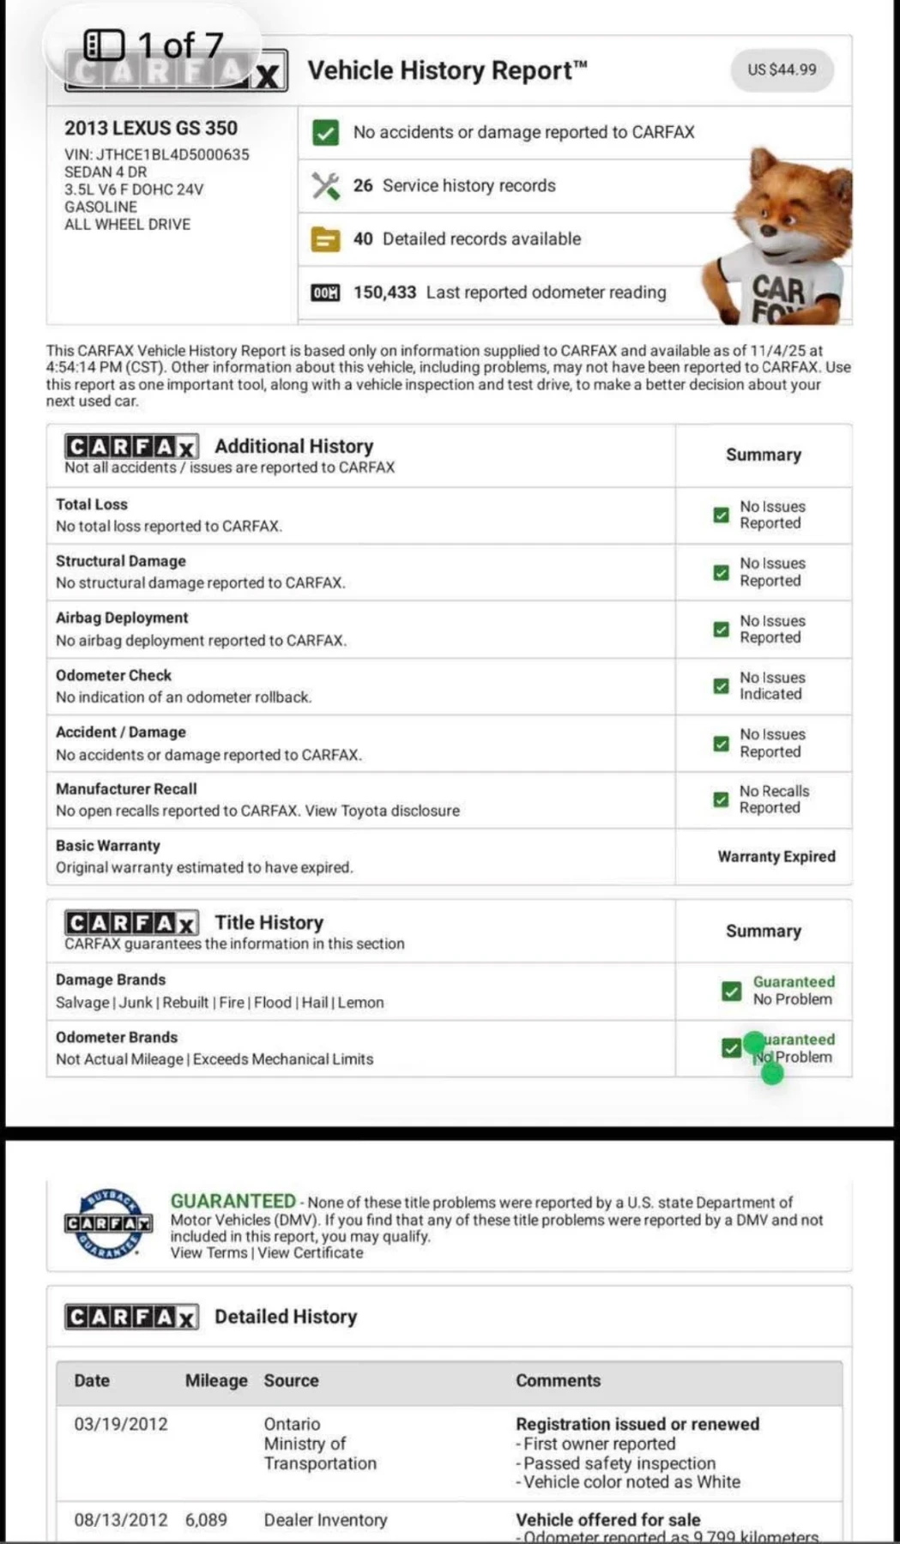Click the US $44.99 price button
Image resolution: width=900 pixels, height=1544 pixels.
click(x=782, y=69)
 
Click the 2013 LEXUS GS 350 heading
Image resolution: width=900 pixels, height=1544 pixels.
click(x=151, y=128)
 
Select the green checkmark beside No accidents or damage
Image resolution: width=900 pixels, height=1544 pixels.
click(x=325, y=132)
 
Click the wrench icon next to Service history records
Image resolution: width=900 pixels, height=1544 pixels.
click(x=325, y=185)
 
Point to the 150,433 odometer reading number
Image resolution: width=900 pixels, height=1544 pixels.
click(x=384, y=293)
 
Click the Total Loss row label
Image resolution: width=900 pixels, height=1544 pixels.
click(x=92, y=504)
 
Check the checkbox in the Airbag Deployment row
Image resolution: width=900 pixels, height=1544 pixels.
click(x=722, y=630)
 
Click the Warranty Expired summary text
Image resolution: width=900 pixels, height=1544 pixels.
click(x=776, y=856)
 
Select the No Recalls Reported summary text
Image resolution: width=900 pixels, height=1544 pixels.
click(x=774, y=799)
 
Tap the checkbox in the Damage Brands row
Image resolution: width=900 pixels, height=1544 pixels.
click(x=731, y=991)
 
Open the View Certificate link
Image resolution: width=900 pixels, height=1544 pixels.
click(x=311, y=1253)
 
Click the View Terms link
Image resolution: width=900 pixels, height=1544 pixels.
click(x=208, y=1253)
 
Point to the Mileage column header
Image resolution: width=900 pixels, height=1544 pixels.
click(x=216, y=1380)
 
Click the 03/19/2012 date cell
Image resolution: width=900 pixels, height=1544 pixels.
click(x=121, y=1424)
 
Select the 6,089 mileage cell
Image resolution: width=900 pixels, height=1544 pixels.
click(x=206, y=1520)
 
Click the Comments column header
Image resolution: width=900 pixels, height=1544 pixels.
click(x=558, y=1380)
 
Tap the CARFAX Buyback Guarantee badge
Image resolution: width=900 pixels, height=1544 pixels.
click(x=108, y=1223)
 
